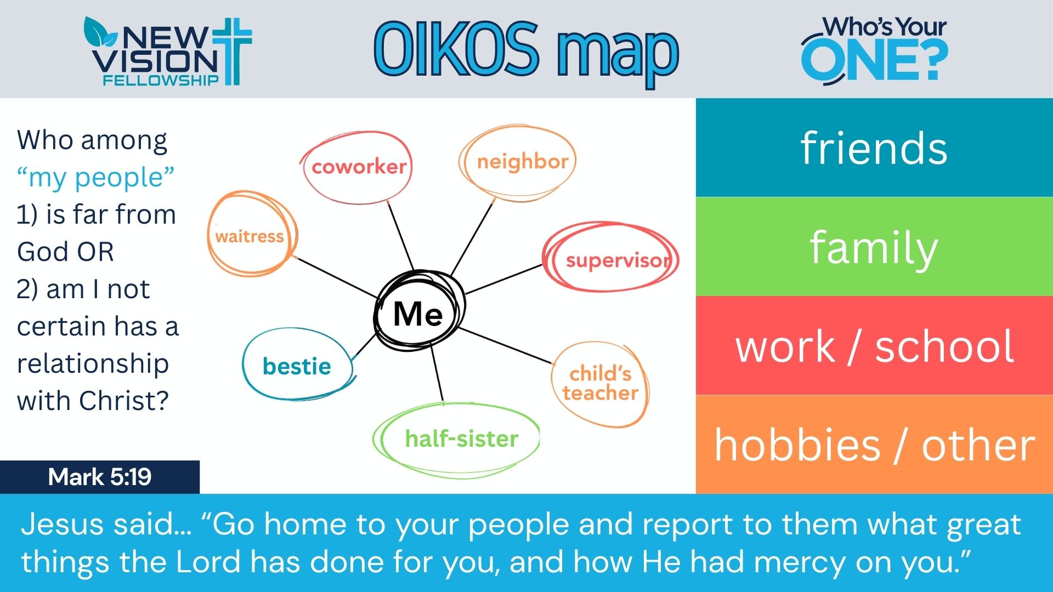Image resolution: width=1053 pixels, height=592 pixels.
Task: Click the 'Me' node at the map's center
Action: pos(418,313)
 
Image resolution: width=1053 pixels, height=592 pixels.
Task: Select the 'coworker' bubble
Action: pos(358,167)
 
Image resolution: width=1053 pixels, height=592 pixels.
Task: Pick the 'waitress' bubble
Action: pos(250,236)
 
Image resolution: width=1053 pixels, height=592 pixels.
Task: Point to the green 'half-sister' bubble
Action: pos(461,439)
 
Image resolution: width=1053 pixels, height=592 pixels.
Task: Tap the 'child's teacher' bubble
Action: pos(600,384)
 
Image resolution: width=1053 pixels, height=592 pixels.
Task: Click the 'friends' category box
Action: pos(874,148)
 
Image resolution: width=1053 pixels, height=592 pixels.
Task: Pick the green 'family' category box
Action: pos(874,247)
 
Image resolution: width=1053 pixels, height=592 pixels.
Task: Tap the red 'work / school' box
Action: pos(874,346)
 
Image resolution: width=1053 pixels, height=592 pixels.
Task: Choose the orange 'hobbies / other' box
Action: pos(874,445)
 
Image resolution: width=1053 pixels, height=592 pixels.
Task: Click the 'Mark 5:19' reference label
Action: pos(100,477)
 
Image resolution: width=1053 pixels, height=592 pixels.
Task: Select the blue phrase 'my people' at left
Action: pos(96,177)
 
